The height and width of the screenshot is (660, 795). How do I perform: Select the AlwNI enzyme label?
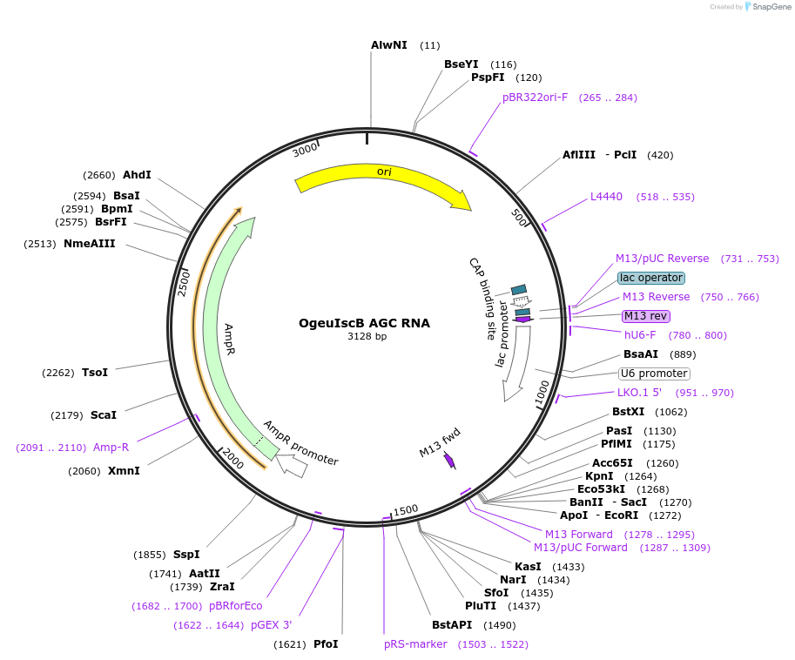(388, 44)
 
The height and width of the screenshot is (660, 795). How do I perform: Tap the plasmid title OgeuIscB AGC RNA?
(364, 323)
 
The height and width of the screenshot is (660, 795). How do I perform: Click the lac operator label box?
(650, 278)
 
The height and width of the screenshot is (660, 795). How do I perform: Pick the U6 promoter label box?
(654, 374)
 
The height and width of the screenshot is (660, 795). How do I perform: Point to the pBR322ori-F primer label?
(535, 98)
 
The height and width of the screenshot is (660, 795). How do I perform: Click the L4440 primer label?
(606, 197)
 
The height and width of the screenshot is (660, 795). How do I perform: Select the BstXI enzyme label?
(630, 412)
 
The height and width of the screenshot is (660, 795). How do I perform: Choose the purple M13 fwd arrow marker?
(449, 461)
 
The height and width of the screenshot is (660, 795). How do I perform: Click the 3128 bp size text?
(367, 337)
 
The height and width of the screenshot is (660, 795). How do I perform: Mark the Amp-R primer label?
(111, 448)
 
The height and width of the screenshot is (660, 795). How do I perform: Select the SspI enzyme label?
(186, 555)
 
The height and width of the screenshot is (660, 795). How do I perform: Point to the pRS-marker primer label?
(415, 644)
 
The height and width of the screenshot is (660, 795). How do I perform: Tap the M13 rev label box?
(645, 316)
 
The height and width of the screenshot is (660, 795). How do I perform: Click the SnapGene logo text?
(770, 7)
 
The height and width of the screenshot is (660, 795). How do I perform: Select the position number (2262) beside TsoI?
(58, 373)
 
